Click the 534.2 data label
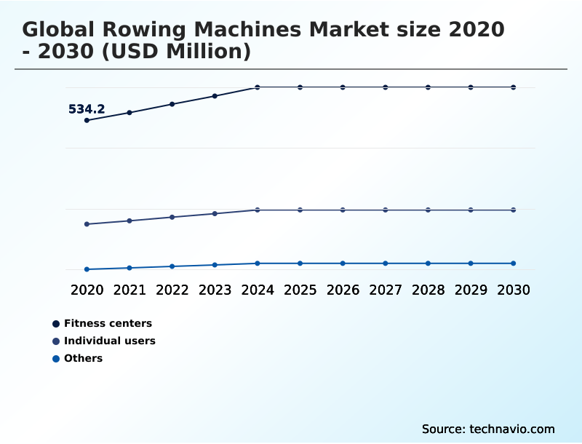(x=87, y=109)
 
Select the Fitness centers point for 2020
(x=87, y=120)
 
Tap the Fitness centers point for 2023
(x=215, y=96)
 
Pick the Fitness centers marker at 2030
(x=513, y=87)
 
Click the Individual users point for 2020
(x=87, y=224)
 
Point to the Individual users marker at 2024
(x=258, y=210)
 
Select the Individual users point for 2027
(x=386, y=210)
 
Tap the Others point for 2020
(x=87, y=269)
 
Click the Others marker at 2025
(x=300, y=263)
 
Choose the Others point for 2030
(x=513, y=263)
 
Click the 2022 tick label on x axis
(x=172, y=290)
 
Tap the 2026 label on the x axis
(x=343, y=290)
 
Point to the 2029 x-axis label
(x=471, y=290)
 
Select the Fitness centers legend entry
(x=108, y=323)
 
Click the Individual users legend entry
(x=109, y=341)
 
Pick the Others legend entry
(x=83, y=358)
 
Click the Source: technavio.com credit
(x=488, y=429)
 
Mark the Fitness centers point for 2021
(x=129, y=113)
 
